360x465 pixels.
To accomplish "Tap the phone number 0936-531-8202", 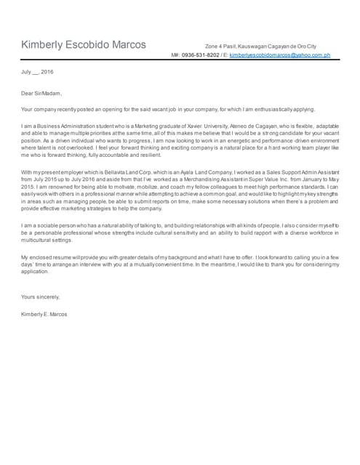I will pos(201,55).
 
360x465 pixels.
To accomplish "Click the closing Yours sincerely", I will pos(41,297).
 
